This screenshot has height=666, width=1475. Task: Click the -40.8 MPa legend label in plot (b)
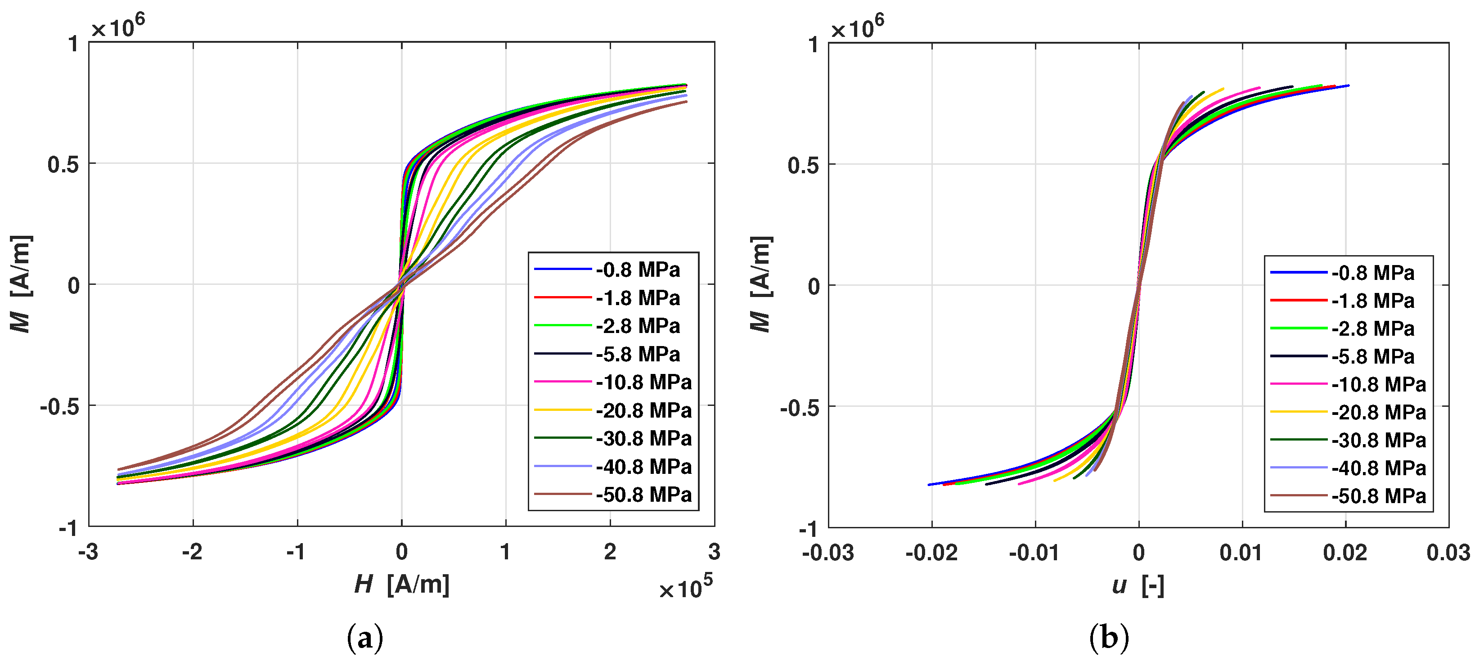[x=1378, y=468]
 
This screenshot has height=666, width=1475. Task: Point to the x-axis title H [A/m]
[x=401, y=585]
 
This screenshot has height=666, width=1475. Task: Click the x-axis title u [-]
[x=1138, y=585]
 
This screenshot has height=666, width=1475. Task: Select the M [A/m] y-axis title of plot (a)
[x=21, y=283]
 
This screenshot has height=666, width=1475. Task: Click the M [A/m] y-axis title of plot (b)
[x=761, y=283]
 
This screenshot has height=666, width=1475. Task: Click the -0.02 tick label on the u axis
[x=931, y=553]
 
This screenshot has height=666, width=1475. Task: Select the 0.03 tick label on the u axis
[x=1448, y=553]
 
